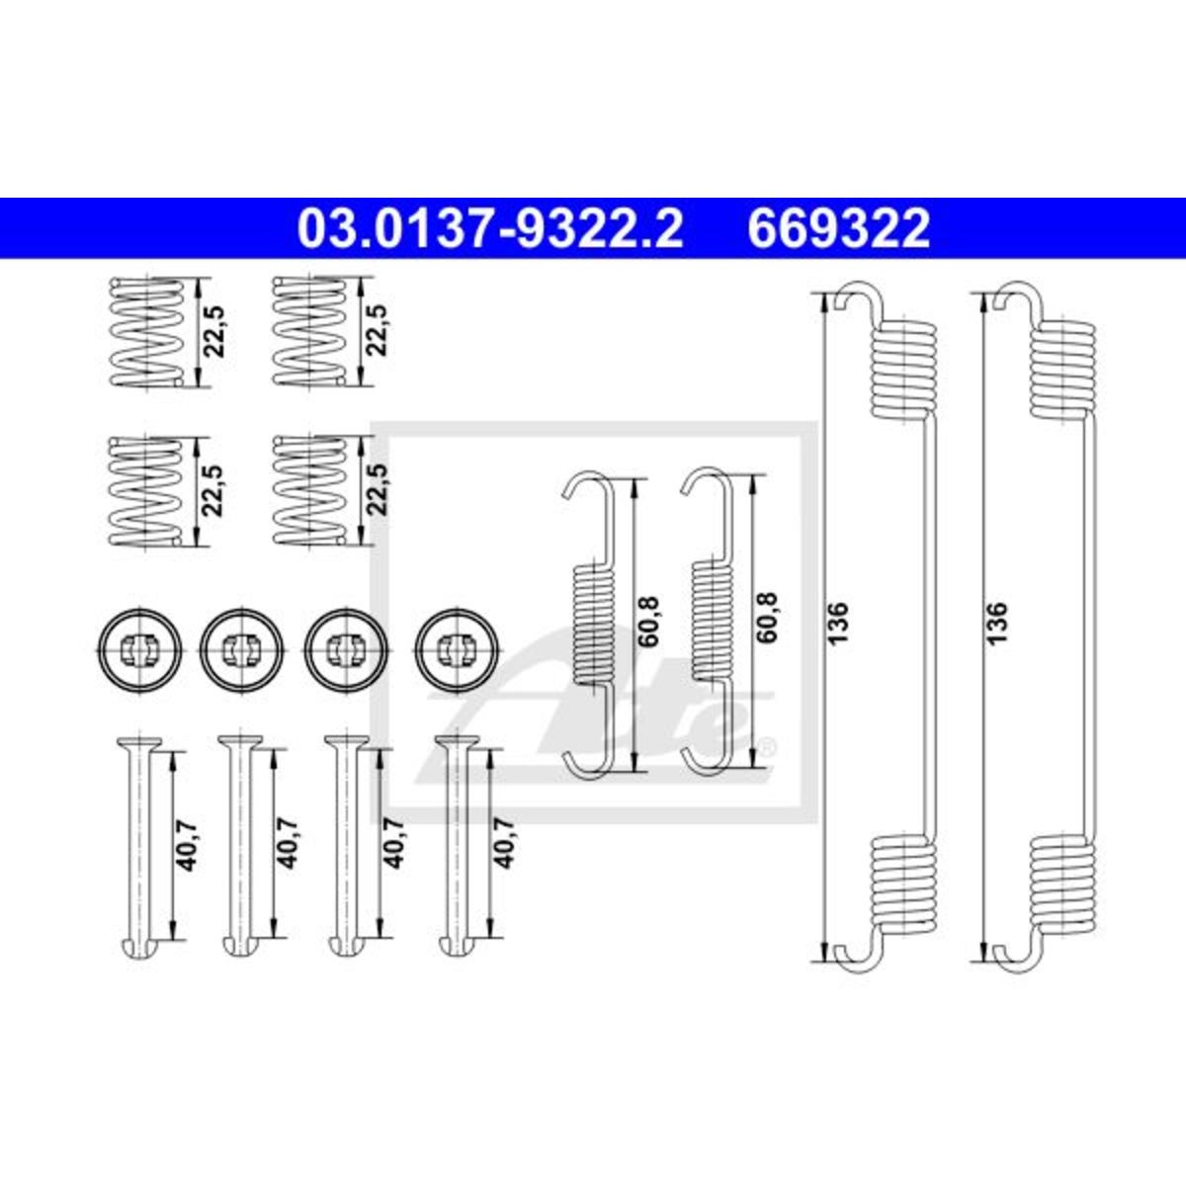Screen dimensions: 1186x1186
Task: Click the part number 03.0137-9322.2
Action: [490, 228]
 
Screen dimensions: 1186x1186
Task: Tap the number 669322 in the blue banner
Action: [838, 228]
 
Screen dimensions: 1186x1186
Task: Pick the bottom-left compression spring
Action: [146, 491]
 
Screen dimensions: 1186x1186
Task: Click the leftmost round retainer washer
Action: [141, 650]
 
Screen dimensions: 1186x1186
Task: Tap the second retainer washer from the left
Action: [243, 650]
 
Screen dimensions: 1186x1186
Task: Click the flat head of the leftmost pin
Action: [139, 740]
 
